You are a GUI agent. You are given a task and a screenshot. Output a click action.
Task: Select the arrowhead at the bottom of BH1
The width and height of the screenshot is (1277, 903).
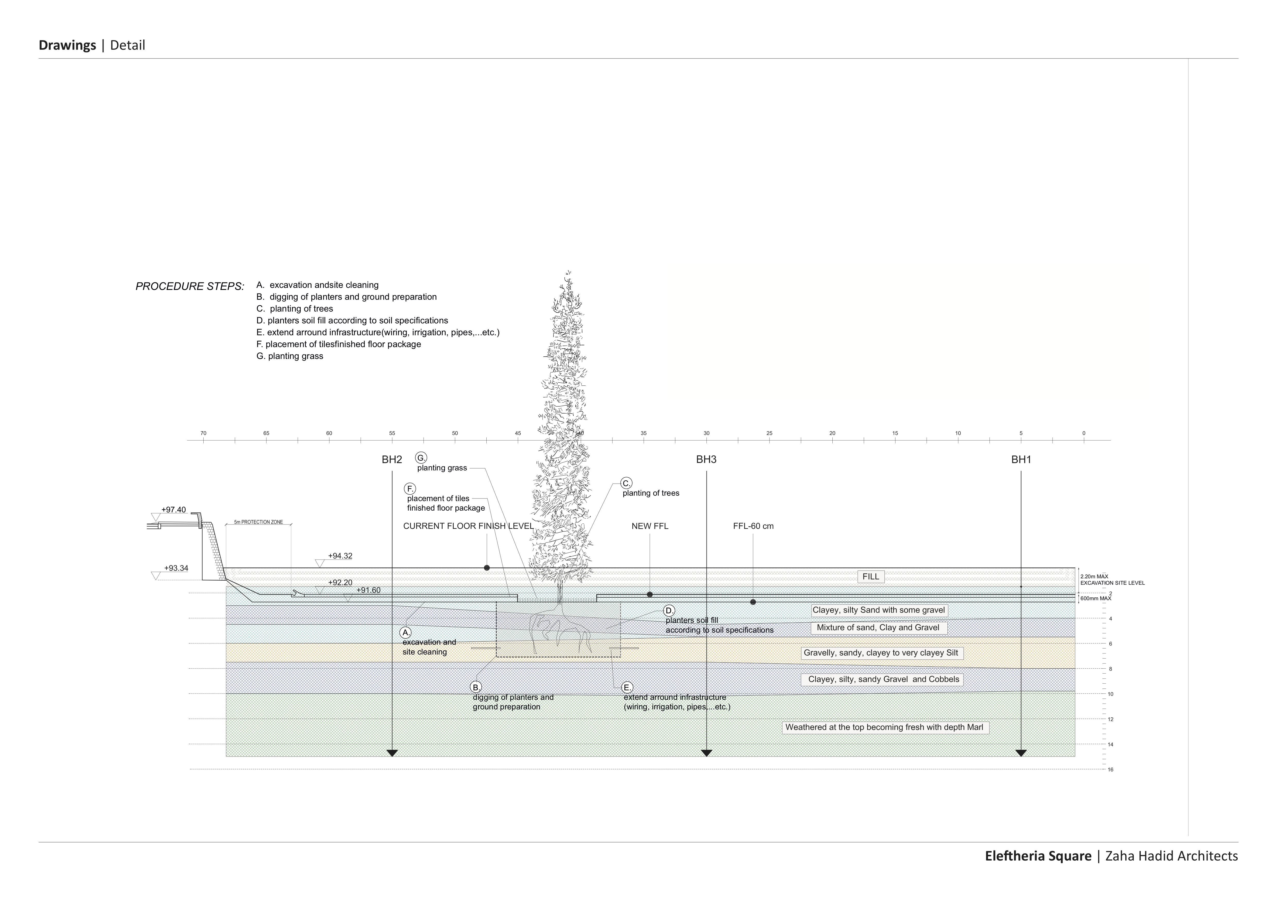point(1021,753)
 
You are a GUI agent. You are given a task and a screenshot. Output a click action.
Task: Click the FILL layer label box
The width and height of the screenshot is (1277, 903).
point(870,577)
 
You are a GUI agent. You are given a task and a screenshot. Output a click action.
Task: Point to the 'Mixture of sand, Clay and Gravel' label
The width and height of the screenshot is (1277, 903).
point(878,627)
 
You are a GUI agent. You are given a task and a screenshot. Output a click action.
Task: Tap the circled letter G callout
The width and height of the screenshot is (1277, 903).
point(421,458)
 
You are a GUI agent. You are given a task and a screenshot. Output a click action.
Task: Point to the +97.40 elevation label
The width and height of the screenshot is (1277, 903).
point(174,510)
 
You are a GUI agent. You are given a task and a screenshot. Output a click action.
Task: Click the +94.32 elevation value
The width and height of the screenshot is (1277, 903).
point(340,556)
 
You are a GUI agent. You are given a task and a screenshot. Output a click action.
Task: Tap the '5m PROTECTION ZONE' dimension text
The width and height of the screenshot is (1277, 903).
point(258,522)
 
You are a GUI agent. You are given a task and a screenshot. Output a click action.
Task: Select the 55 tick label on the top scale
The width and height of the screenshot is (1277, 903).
point(392,433)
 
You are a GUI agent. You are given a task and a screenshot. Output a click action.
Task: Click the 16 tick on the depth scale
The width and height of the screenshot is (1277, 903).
point(1110,769)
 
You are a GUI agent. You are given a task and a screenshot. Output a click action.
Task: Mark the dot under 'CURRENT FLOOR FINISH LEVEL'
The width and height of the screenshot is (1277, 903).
point(487,568)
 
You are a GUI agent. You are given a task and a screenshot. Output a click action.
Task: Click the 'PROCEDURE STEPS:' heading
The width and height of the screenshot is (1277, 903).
point(190,287)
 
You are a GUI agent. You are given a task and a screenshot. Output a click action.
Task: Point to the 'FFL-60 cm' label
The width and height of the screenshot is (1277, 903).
point(753,526)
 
